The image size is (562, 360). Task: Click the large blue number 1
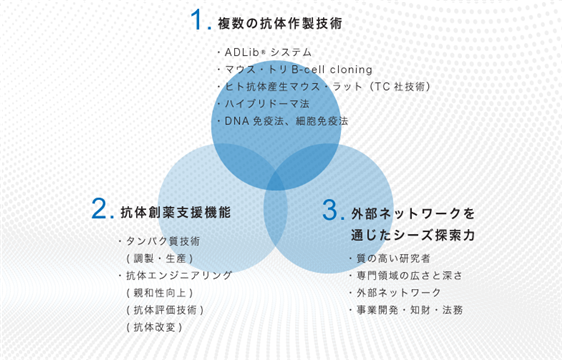(197, 19)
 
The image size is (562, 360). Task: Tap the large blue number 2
(99, 208)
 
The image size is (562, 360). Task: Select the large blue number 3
(330, 210)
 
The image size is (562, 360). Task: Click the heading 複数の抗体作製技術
(280, 24)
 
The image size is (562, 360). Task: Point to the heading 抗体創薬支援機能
(176, 213)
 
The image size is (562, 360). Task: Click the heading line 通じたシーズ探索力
(413, 235)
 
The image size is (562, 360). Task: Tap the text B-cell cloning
(332, 69)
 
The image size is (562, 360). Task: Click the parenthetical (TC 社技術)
(400, 87)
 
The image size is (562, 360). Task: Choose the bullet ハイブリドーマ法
(263, 104)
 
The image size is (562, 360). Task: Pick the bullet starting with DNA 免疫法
(283, 121)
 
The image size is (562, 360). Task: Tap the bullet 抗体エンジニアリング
(175, 275)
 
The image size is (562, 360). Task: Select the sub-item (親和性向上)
(160, 293)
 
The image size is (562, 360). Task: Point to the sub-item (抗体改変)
(154, 327)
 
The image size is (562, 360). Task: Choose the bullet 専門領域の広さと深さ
(406, 276)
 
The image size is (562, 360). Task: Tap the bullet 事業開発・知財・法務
(406, 310)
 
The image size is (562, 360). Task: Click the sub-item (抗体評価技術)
(165, 310)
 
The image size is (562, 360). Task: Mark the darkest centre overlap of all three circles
(276, 180)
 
